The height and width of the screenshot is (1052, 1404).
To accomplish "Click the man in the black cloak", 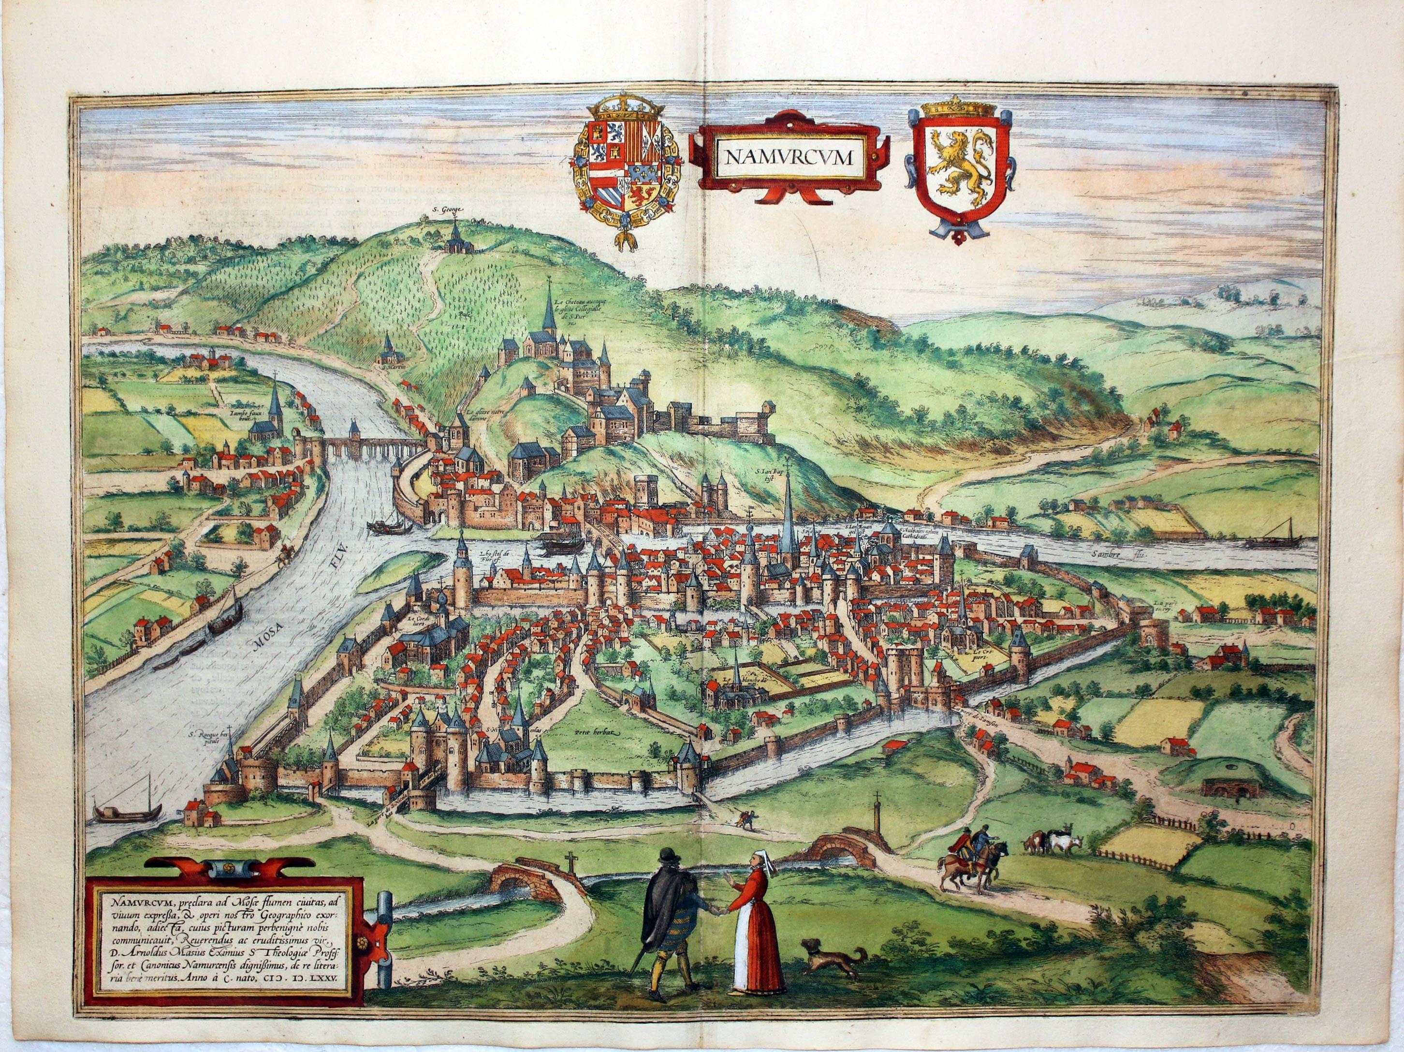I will pos(666,920).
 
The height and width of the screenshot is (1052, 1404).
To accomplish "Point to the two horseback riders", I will pos(971,860).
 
